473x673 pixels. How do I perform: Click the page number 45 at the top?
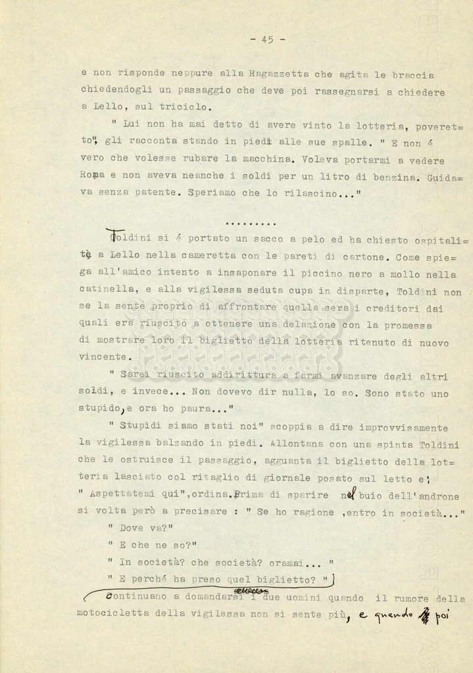point(268,39)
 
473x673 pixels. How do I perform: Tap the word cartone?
point(369,256)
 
